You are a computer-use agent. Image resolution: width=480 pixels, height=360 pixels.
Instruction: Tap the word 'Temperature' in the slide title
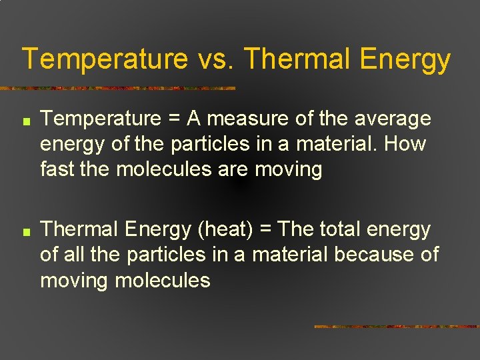(105, 59)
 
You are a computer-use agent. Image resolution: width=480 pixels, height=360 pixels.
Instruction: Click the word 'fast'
(57, 169)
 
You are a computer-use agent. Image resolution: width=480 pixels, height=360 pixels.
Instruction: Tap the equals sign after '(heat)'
(263, 230)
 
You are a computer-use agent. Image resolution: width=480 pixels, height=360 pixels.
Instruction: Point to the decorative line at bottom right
(396, 327)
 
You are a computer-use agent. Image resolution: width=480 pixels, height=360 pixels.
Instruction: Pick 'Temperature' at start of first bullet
(101, 119)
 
